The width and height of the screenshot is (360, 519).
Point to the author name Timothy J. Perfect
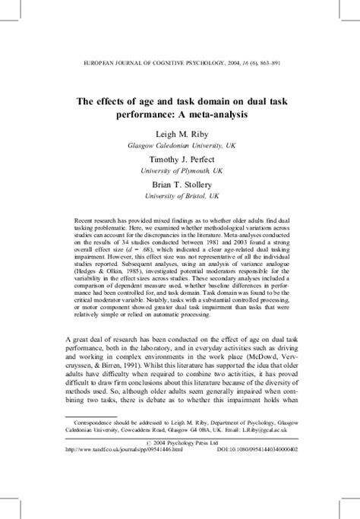pyautogui.click(x=179, y=161)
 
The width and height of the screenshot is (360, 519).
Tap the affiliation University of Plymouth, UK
pyautogui.click(x=179, y=173)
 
